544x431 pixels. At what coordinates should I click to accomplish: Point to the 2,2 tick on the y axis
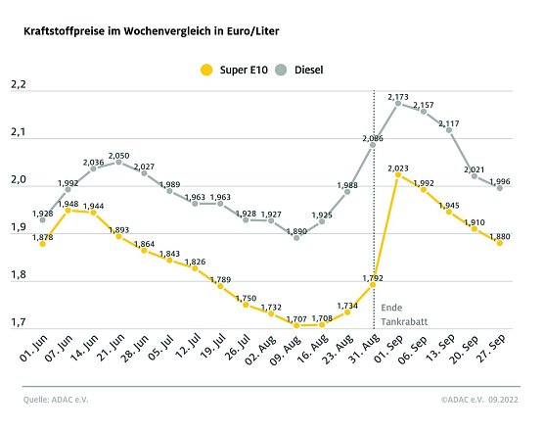tap(18, 87)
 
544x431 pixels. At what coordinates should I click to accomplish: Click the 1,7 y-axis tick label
tap(18, 322)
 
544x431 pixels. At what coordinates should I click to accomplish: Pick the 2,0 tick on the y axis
tap(18, 181)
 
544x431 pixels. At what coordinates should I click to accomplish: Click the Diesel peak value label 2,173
tap(398, 97)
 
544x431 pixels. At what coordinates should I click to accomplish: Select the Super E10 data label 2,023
tap(398, 168)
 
